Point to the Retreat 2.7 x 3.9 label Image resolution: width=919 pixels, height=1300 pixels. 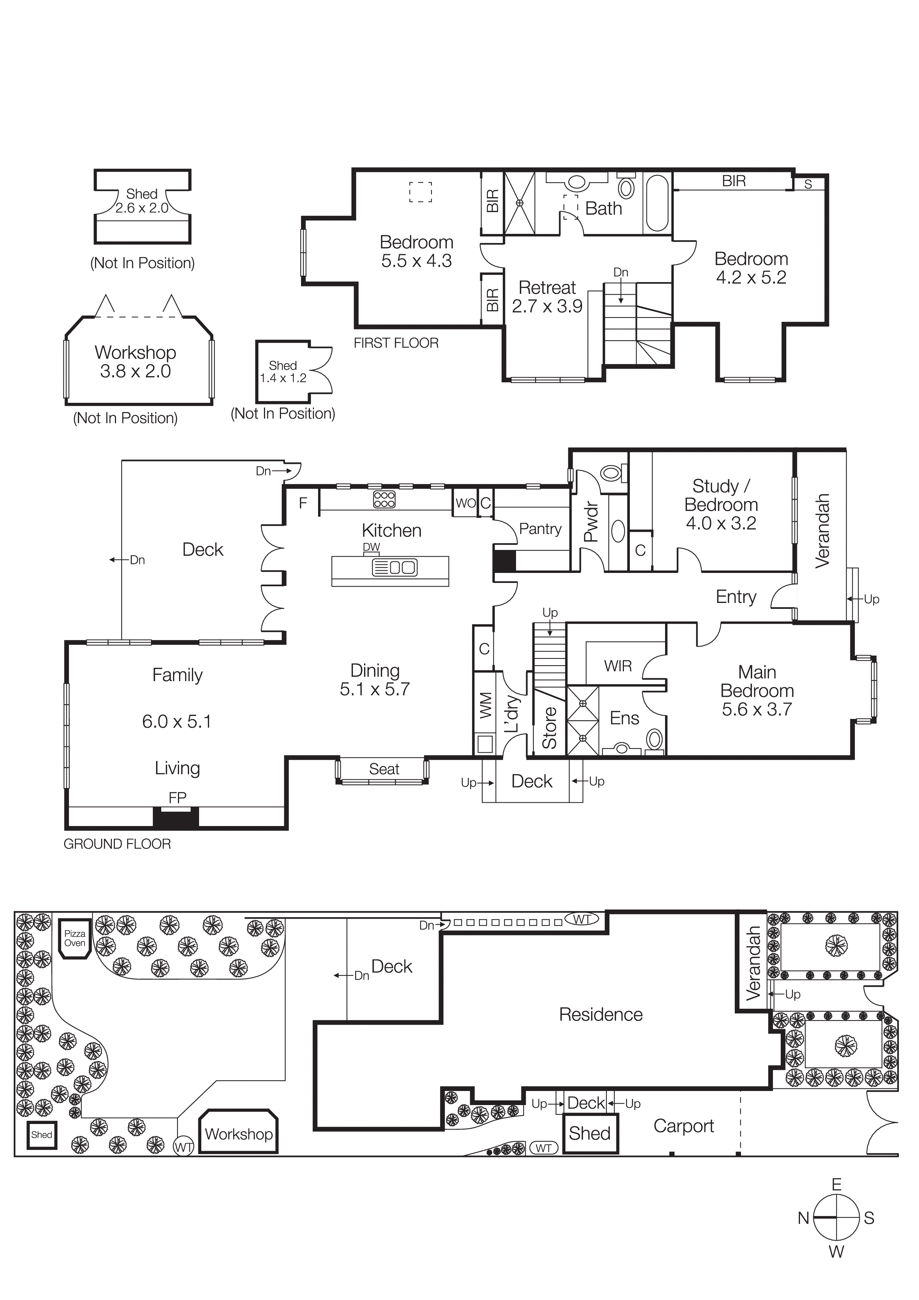point(547,297)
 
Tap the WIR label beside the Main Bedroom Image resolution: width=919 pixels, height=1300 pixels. point(618,666)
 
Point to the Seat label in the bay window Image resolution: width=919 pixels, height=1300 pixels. point(384,769)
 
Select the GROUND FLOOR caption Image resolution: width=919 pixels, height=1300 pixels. point(117,844)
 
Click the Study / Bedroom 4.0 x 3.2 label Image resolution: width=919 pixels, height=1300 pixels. point(721,504)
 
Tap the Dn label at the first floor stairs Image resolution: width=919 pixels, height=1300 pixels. point(621,272)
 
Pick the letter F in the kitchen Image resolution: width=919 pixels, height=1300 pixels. point(303,503)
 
